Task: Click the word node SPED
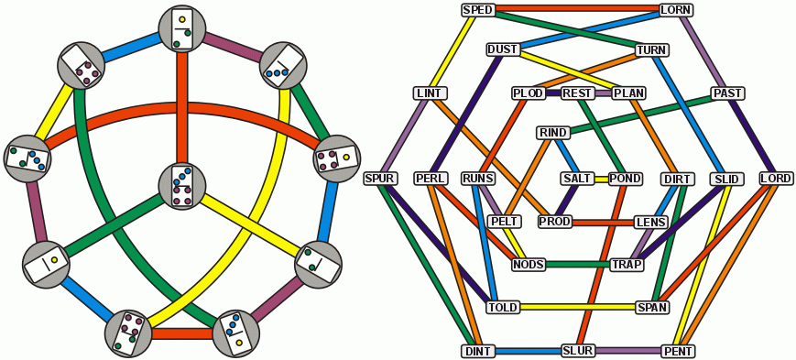click(x=479, y=10)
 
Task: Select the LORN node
click(x=676, y=10)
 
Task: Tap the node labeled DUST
click(x=503, y=49)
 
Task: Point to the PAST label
click(x=727, y=93)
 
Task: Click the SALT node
click(x=577, y=179)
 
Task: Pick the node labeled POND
click(x=625, y=179)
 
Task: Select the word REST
click(x=577, y=93)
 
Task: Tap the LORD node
click(x=775, y=178)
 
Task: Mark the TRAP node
click(x=627, y=265)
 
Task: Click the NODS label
click(x=529, y=265)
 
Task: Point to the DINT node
click(x=479, y=351)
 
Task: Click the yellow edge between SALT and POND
click(x=601, y=179)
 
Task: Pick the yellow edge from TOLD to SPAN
click(x=577, y=307)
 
